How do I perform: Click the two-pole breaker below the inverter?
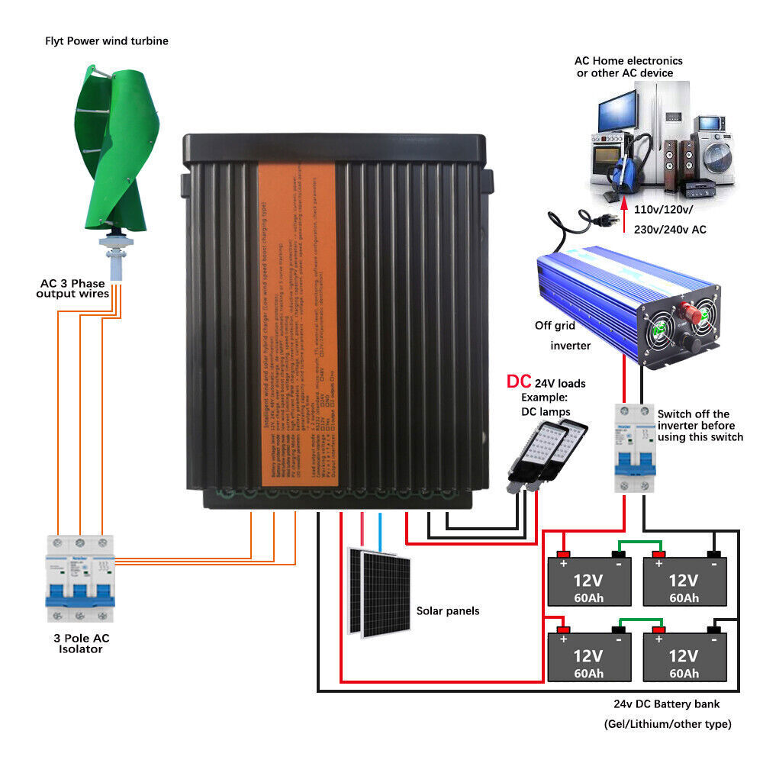coord(635,450)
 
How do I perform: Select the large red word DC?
coord(519,382)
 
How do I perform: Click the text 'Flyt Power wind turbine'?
coord(107,41)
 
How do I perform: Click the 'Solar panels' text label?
coord(448,611)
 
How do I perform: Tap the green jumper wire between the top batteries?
coord(637,544)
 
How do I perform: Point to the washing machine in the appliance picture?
coord(715,153)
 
